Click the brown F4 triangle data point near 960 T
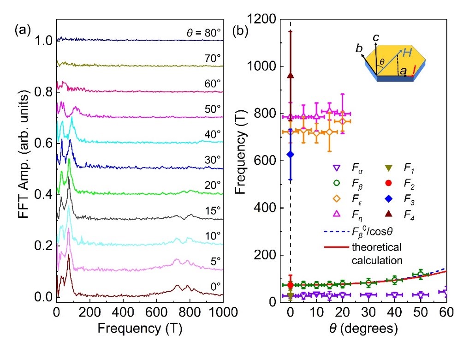click(291, 75)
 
